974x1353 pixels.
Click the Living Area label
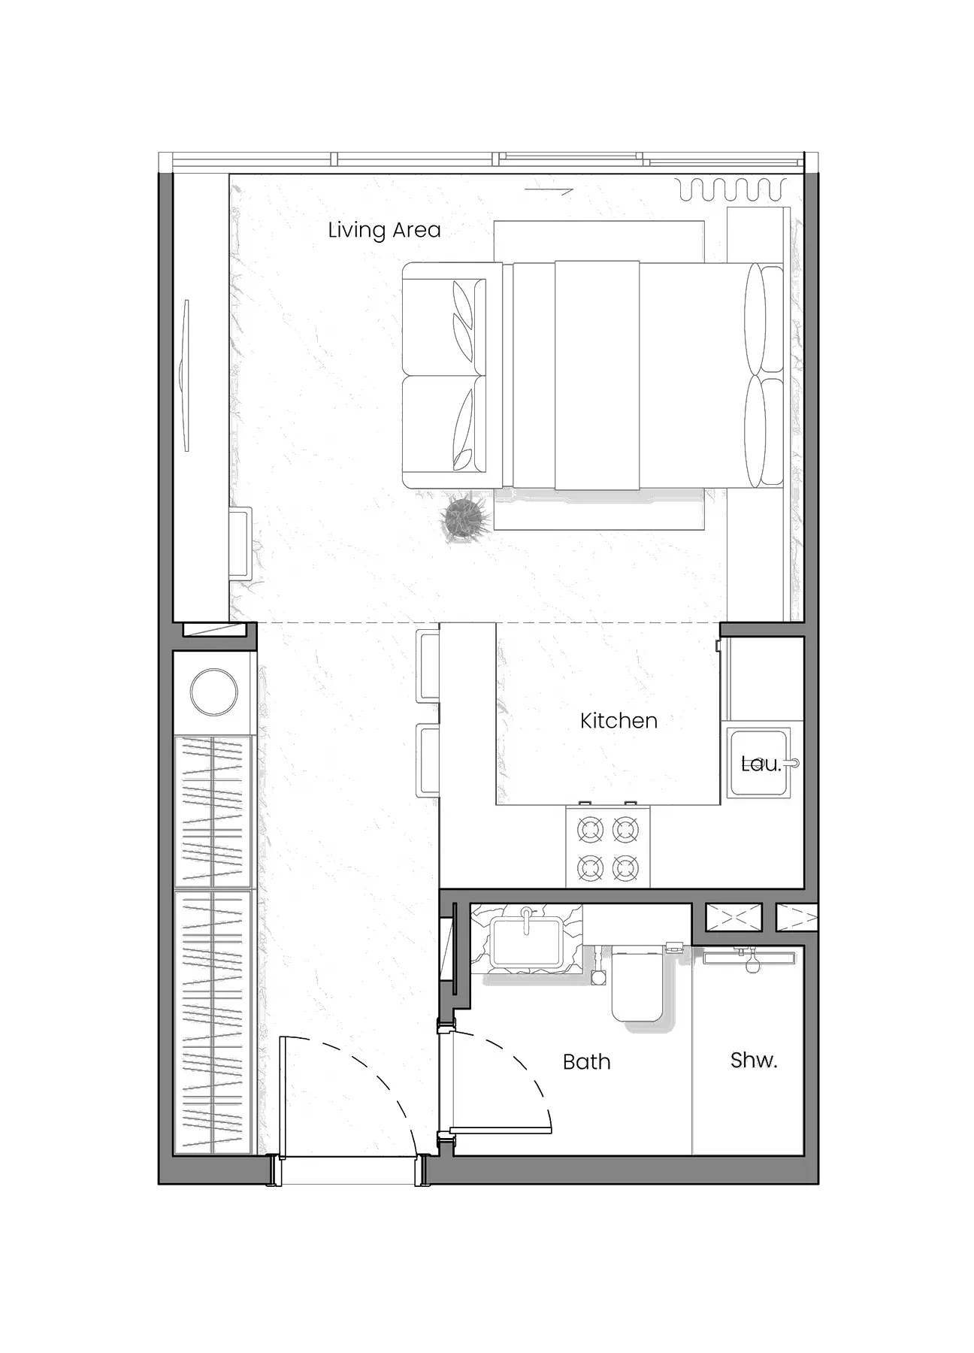coord(384,230)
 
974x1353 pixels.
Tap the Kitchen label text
coord(619,721)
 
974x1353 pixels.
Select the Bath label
coord(586,1062)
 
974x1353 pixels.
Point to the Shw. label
coord(753,1060)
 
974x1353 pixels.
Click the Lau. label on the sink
coord(761,764)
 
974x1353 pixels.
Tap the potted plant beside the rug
coord(466,518)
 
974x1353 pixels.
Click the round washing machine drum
coord(214,692)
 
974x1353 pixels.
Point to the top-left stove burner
coord(590,831)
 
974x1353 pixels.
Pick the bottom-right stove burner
coord(625,869)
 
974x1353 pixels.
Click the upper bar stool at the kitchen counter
coord(428,666)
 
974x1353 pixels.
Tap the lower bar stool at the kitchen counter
coord(428,760)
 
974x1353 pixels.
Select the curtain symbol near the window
coord(732,189)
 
